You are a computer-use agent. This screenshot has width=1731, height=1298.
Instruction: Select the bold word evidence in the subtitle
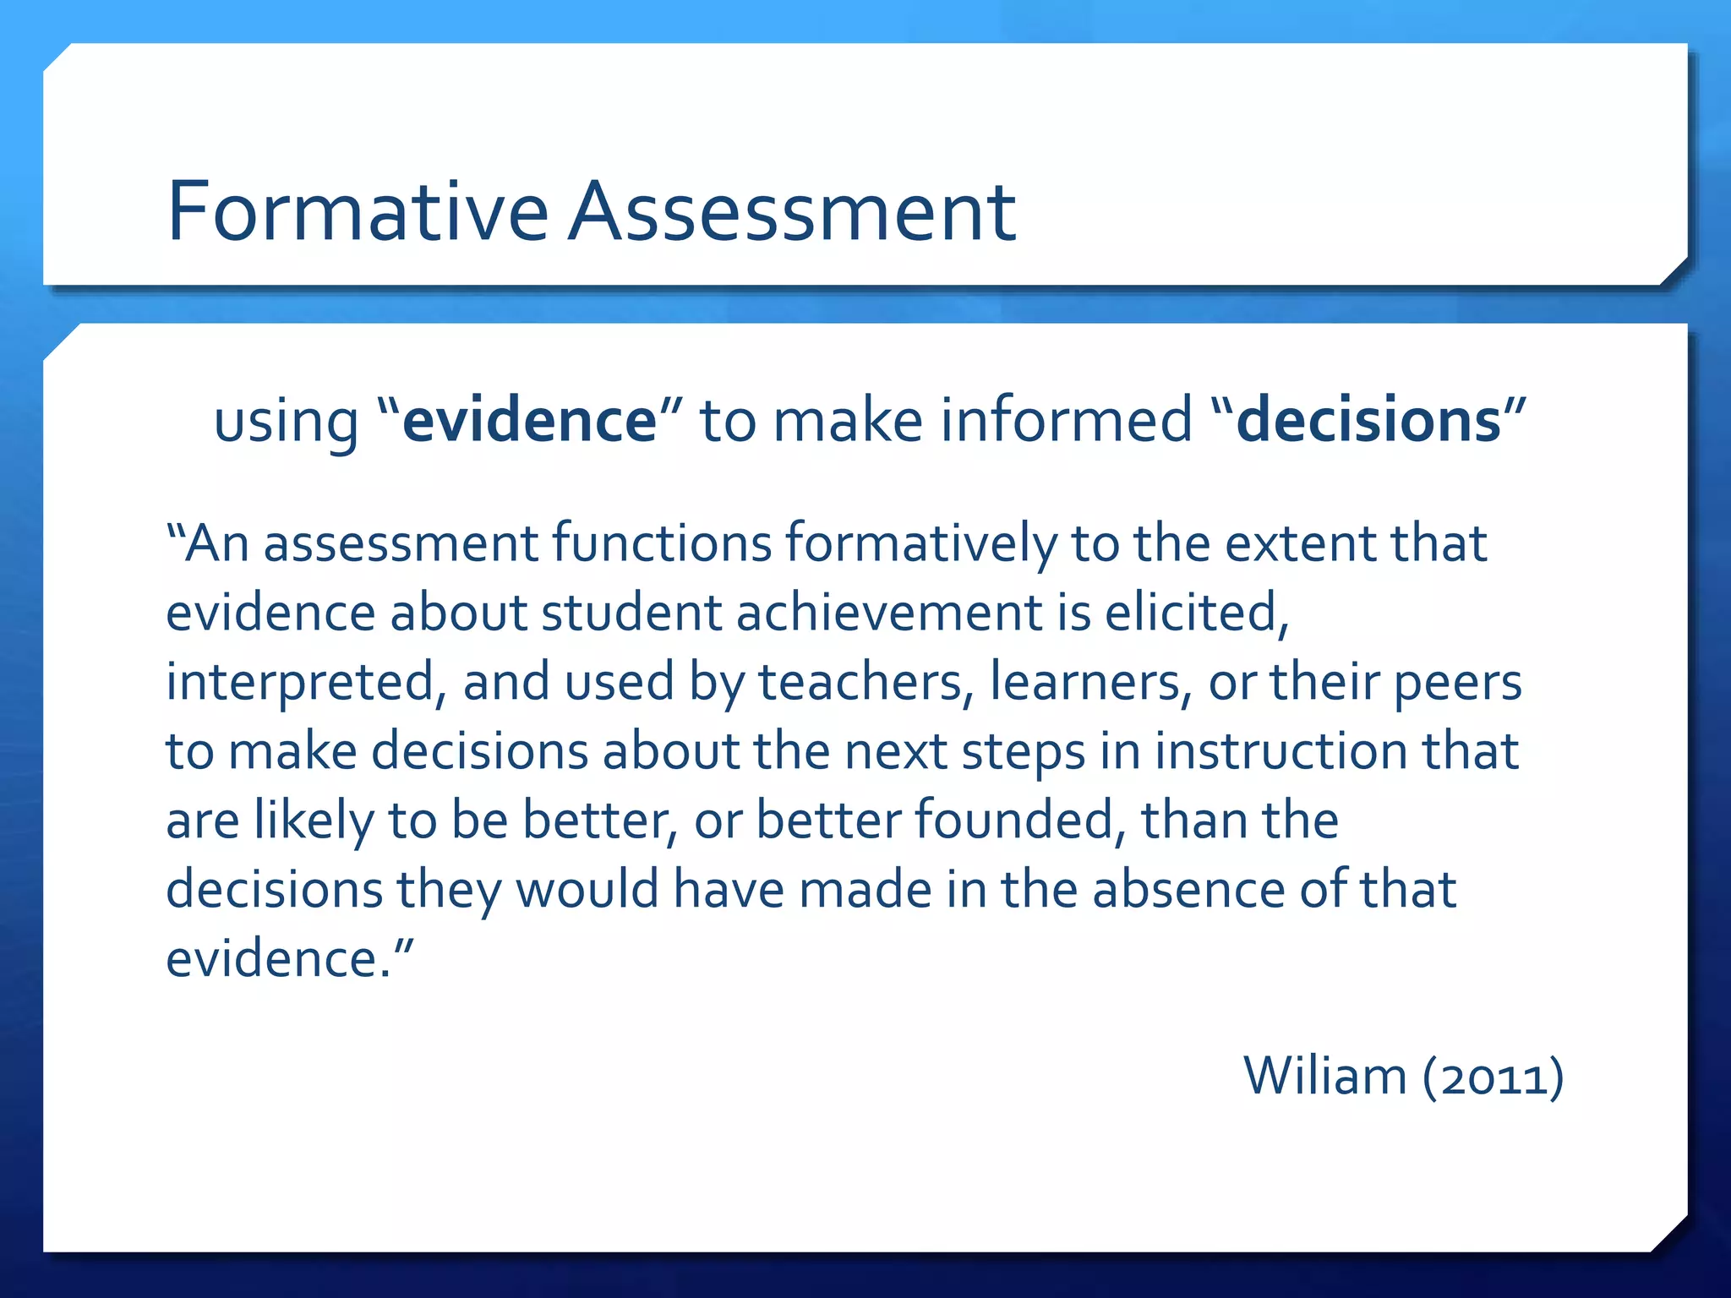530,420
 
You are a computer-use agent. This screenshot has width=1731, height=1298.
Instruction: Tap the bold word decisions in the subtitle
1368,420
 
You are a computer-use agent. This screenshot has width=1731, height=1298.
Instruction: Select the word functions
662,543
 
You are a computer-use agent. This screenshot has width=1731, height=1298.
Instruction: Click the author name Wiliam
1324,1077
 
